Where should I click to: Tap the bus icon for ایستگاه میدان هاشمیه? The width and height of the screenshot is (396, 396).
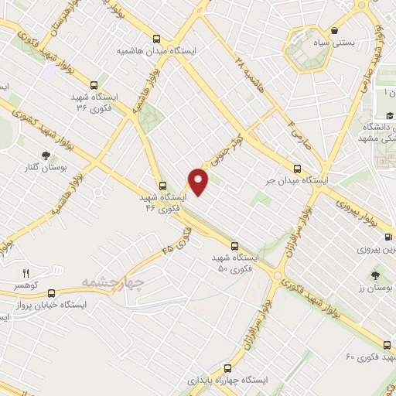[x=157, y=38]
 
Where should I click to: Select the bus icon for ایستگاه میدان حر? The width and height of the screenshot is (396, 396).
[x=299, y=169]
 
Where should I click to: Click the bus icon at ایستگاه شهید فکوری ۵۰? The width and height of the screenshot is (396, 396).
[x=234, y=246]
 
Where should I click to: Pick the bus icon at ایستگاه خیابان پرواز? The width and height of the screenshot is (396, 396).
[x=51, y=293]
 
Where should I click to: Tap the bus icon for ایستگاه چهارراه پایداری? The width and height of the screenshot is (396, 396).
[x=227, y=348]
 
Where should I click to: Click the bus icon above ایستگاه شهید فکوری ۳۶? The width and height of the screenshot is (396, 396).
[x=94, y=85]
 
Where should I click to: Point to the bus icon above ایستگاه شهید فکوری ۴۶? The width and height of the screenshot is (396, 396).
[x=162, y=186]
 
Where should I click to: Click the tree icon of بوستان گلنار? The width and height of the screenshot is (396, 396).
[x=45, y=143]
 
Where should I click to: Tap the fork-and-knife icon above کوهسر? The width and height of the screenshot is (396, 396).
[x=26, y=273]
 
